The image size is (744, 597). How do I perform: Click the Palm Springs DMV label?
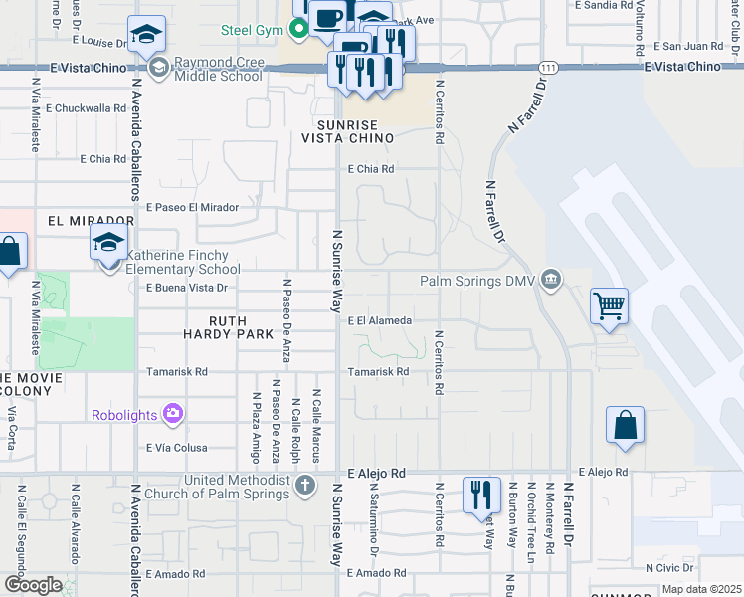point(478,282)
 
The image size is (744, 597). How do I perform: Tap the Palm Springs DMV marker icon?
point(552,283)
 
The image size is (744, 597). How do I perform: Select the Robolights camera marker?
point(174,412)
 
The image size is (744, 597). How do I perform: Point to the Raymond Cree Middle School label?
point(218,69)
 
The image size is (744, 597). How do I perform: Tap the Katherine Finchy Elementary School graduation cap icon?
point(108,242)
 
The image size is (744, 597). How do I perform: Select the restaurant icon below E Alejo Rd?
point(482,494)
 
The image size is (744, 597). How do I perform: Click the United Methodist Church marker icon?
point(305,485)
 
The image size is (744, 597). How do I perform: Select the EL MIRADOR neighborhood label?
point(90,220)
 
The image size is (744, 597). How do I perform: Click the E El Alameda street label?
point(379,321)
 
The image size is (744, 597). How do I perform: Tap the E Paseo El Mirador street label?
point(193,207)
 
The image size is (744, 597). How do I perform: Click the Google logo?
point(33,584)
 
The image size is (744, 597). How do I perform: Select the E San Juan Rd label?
point(686,46)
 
